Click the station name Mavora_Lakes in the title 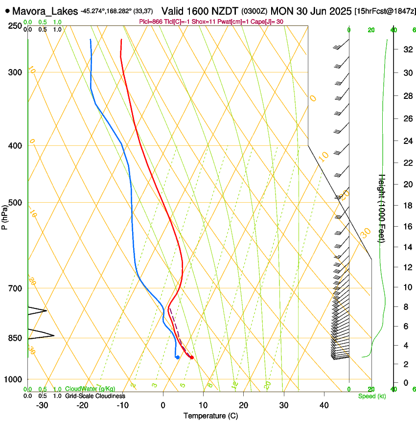[45, 11]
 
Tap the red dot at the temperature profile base [192, 357]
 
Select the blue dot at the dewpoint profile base [177, 357]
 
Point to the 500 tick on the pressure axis [16, 203]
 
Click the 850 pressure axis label [16, 338]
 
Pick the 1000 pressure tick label [14, 379]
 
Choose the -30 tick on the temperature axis [42, 405]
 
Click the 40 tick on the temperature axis [324, 405]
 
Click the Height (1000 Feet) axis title [382, 208]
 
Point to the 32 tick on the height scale [407, 49]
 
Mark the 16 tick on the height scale [407, 226]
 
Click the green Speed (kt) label [371, 396]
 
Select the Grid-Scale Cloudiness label [94, 396]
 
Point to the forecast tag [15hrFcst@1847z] [384, 11]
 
